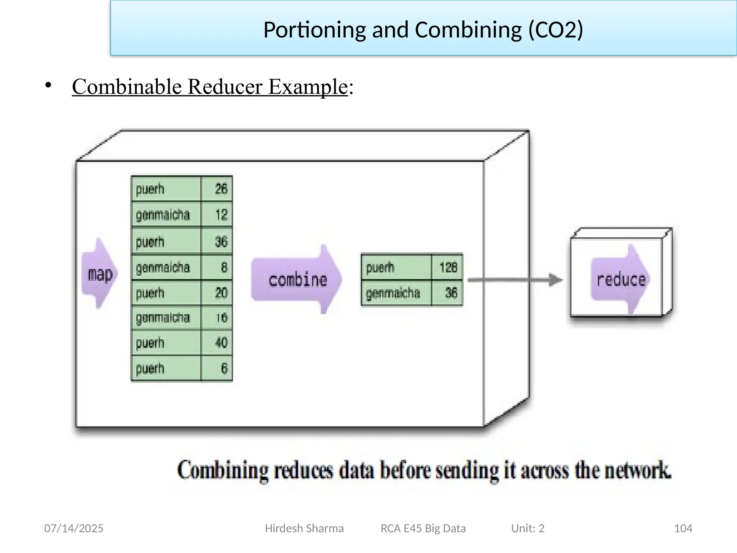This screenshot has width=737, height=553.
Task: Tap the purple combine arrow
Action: [x=297, y=280]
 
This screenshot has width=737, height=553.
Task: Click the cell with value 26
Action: [x=217, y=189]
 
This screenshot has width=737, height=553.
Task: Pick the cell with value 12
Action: [x=217, y=215]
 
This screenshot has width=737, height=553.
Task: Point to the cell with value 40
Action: [x=217, y=342]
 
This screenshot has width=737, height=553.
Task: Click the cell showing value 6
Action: [x=217, y=368]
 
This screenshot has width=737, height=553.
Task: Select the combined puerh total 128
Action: [x=447, y=267]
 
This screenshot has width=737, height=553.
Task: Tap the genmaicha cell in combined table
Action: [x=396, y=293]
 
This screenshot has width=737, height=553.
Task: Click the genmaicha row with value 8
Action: [x=166, y=267]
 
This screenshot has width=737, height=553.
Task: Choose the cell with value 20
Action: [x=217, y=293]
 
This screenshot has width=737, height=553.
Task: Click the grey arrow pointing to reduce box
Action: [x=515, y=280]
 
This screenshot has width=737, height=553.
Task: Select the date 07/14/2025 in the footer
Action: [x=74, y=528]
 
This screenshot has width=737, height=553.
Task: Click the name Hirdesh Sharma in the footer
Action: [x=304, y=528]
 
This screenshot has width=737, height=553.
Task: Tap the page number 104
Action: [x=683, y=528]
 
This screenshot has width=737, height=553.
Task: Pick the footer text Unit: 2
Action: [x=528, y=528]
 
